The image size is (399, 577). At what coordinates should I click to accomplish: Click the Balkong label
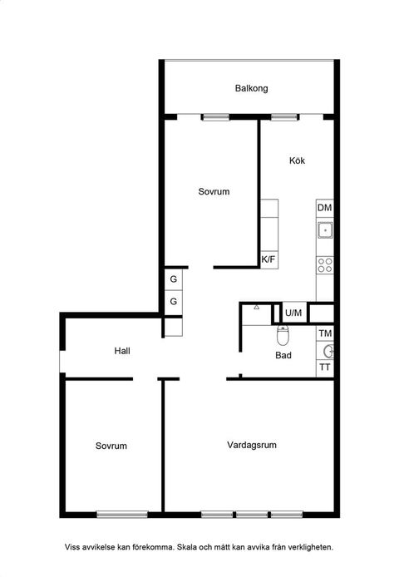[251, 88]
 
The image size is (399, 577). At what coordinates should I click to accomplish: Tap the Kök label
[298, 160]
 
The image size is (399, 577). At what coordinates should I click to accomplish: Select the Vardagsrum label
[251, 446]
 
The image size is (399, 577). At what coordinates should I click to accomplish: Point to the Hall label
[123, 351]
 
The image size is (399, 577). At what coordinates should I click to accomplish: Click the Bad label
[283, 355]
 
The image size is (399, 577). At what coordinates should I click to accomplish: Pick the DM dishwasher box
[325, 208]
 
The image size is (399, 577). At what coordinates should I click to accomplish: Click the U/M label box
[293, 313]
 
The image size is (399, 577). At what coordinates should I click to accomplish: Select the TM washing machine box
[325, 334]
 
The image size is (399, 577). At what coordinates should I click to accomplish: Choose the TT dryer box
[325, 367]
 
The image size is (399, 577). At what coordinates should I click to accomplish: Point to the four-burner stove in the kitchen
[325, 266]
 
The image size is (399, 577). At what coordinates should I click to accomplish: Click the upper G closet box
[174, 279]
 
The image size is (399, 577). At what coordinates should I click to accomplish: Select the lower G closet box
[174, 301]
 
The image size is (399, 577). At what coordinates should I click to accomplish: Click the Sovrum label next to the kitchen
[214, 191]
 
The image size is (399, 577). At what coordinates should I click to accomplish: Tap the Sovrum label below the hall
[111, 446]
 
